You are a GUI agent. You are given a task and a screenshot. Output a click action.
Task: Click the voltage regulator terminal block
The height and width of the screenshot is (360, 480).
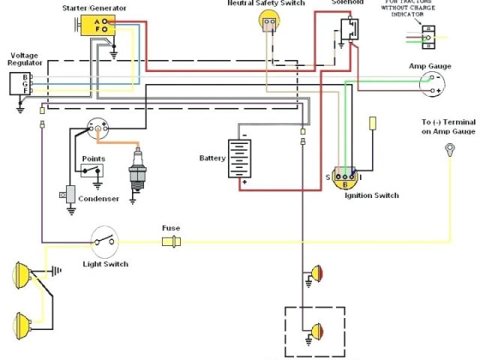[22, 84]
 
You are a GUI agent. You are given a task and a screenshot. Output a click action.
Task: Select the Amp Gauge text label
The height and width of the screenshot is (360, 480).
[430, 66]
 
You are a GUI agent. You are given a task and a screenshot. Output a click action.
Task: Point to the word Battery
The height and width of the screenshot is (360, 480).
[212, 158]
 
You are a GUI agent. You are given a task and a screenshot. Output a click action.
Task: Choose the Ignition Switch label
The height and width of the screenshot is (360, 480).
[371, 196]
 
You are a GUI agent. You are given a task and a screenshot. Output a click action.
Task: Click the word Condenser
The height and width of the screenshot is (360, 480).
[98, 199]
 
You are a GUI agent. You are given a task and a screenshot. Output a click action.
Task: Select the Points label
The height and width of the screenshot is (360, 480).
[93, 159]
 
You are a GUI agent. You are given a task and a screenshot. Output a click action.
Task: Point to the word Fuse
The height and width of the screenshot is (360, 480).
[170, 228]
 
